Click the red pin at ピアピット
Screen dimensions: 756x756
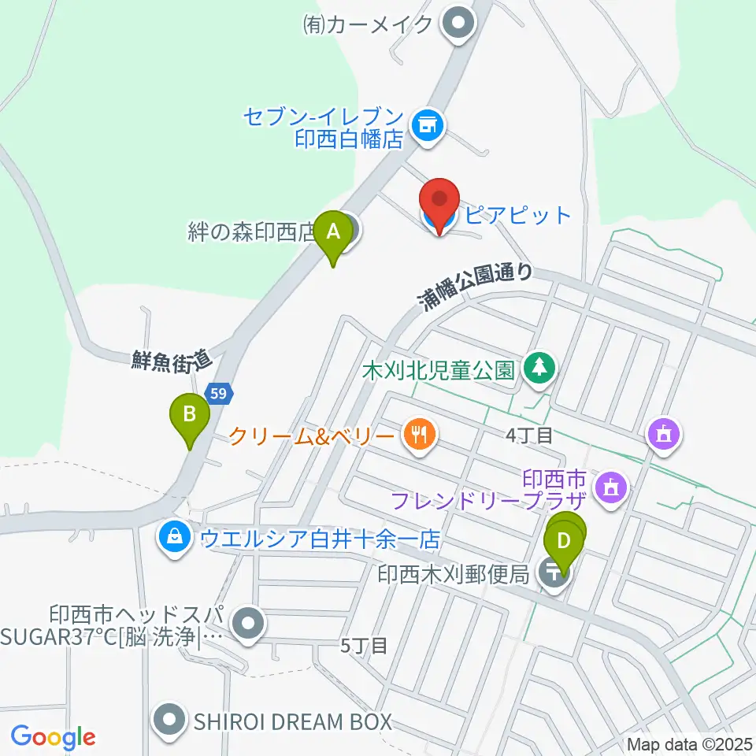(x=440, y=203)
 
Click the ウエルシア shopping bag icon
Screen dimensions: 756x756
(x=175, y=539)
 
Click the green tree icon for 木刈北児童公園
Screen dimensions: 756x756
(x=539, y=367)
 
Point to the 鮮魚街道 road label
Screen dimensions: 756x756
(x=172, y=361)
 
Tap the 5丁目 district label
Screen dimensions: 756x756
(x=364, y=647)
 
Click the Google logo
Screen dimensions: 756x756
(x=53, y=736)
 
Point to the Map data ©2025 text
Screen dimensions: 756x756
(x=689, y=743)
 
